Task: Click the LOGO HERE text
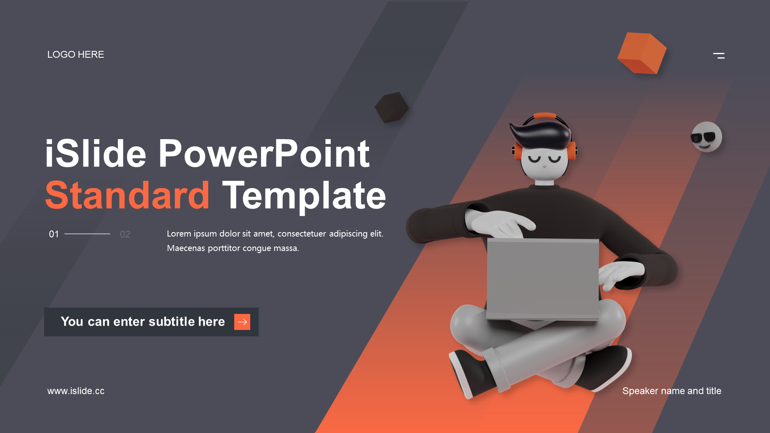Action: click(75, 55)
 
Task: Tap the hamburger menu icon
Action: click(719, 56)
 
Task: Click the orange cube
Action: click(642, 53)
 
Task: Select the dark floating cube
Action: click(391, 107)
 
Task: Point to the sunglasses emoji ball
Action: click(706, 137)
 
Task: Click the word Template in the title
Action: click(304, 196)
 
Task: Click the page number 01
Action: click(54, 234)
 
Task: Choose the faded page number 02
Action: click(125, 234)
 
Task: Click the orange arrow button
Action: click(242, 322)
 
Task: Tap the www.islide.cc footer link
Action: click(76, 391)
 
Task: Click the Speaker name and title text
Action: click(672, 391)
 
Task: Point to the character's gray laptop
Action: click(543, 279)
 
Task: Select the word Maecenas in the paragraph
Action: click(186, 248)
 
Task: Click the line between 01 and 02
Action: click(87, 234)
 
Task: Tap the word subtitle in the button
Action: click(172, 322)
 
